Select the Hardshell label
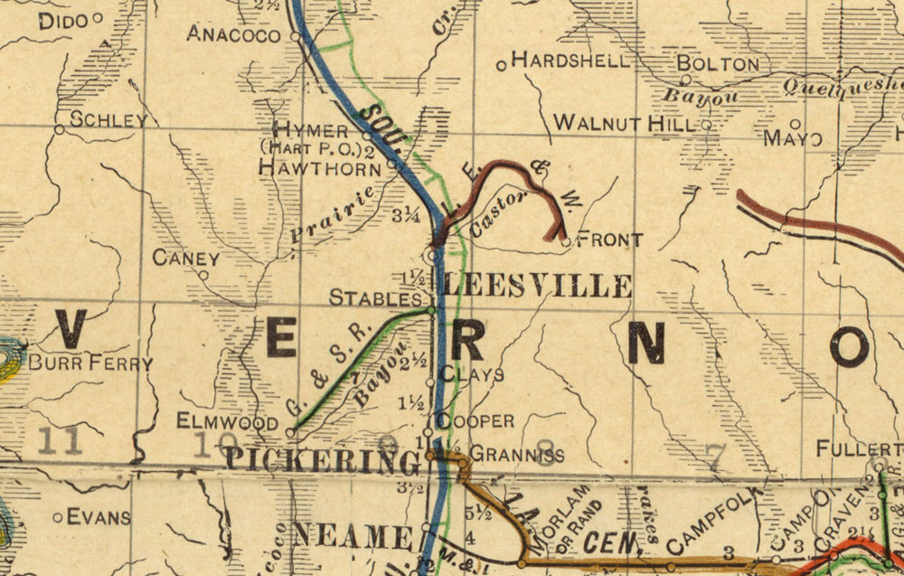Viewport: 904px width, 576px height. pos(570,61)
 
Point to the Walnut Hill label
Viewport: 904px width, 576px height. pos(625,122)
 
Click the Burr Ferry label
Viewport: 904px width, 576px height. pos(91,364)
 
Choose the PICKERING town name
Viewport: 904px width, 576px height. pos(322,460)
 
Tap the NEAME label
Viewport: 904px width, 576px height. pos(354,537)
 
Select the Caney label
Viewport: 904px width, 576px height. pos(186,258)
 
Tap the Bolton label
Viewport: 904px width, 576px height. pos(718,64)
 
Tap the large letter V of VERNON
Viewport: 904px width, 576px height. pos(71,331)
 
